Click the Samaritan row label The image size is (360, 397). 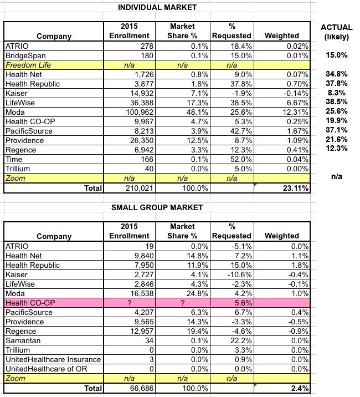click(x=23, y=341)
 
